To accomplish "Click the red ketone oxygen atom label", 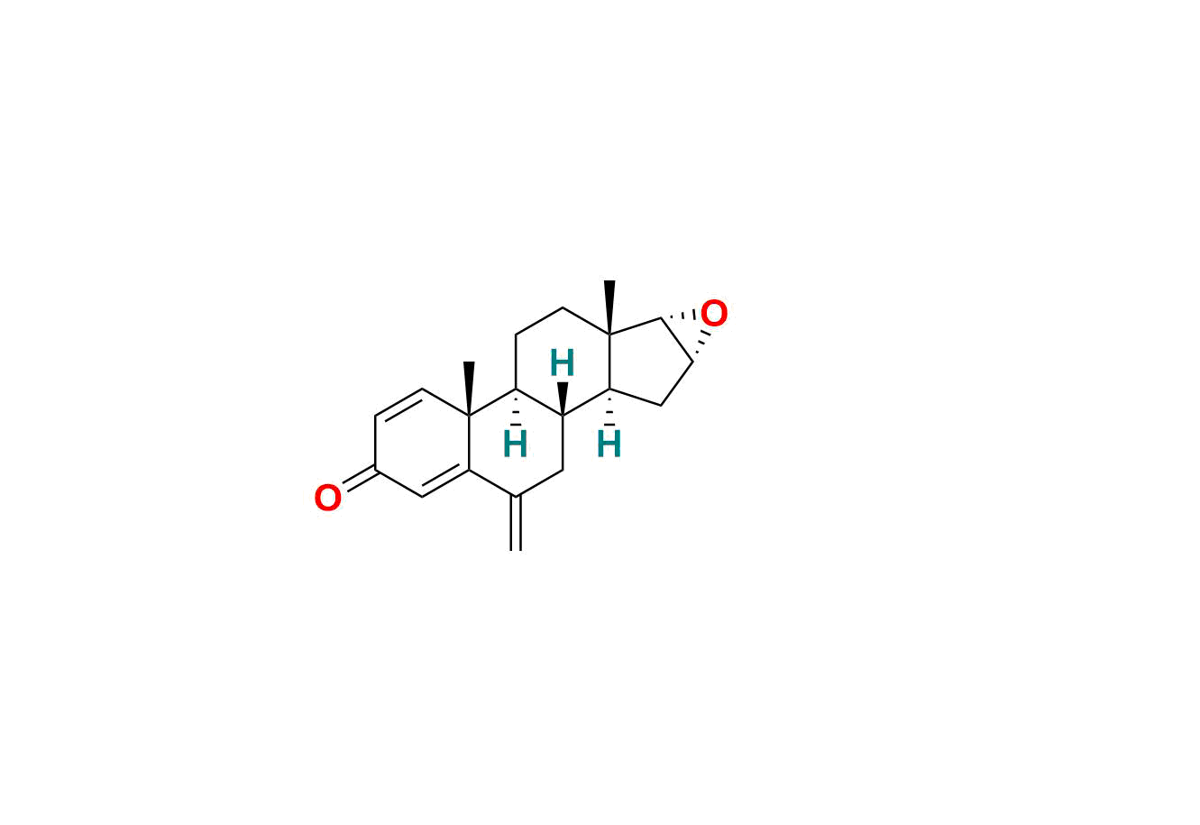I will click(327, 499).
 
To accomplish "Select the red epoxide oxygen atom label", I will click(713, 314).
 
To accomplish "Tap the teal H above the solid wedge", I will click(562, 364).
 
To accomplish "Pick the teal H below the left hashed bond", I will click(515, 445).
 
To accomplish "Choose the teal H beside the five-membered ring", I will click(609, 445).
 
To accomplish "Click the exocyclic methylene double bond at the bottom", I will click(516, 523).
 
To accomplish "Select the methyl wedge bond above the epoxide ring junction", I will click(609, 307).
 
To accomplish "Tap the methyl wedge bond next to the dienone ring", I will click(469, 388).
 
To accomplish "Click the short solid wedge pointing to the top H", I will click(563, 399).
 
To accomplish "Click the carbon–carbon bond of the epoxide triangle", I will click(676, 340).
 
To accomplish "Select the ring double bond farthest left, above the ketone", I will click(398, 403).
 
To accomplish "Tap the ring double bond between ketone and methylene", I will click(445, 483).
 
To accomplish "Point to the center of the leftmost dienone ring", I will click(422, 443).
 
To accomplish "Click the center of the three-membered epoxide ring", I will click(689, 331).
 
